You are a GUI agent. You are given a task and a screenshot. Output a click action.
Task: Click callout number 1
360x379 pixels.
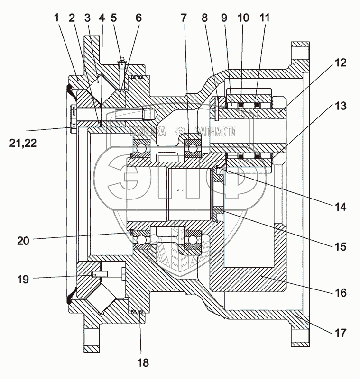pyautogui.click(x=56, y=18)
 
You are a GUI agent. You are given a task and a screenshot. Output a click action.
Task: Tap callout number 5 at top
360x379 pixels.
pyautogui.click(x=113, y=18)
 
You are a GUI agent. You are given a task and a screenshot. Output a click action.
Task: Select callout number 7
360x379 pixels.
pyautogui.click(x=184, y=18)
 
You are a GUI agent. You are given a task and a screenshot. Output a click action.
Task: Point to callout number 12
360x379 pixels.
pyautogui.click(x=341, y=63)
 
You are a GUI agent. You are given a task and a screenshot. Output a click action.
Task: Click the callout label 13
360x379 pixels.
pyautogui.click(x=341, y=106)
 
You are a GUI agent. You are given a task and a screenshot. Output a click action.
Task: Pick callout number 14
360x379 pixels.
pyautogui.click(x=341, y=207)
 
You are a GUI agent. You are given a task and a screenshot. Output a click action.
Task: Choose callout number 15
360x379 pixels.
pyautogui.click(x=341, y=246)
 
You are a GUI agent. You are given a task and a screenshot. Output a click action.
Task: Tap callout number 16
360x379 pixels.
pyautogui.click(x=341, y=293)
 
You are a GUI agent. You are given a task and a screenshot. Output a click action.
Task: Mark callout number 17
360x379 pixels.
pyautogui.click(x=341, y=333)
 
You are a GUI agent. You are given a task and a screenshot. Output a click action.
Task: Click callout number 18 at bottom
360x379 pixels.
pyautogui.click(x=143, y=362)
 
